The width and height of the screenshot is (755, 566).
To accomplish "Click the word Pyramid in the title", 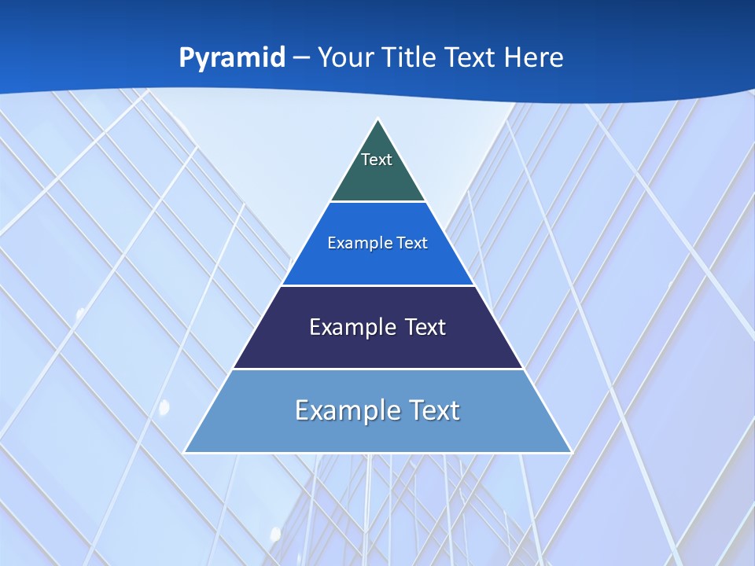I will [232, 58].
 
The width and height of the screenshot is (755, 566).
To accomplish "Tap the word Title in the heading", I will [410, 57].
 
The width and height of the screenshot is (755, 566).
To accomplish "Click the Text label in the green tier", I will [377, 160].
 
